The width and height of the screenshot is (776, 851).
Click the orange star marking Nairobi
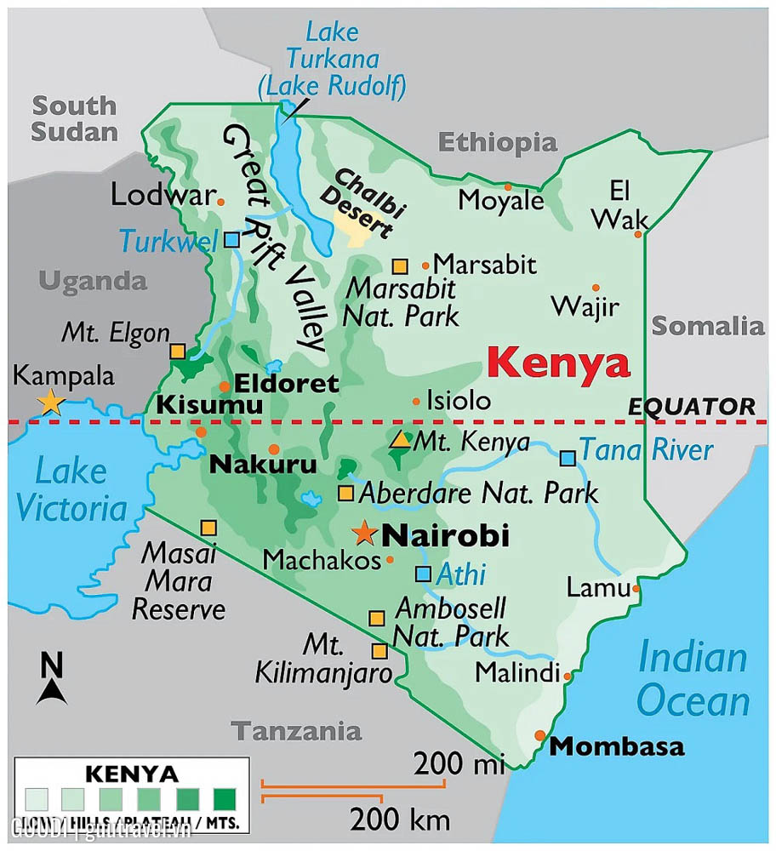[365, 534]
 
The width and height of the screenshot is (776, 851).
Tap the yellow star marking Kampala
[51, 402]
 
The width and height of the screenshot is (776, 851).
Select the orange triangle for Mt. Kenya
[399, 440]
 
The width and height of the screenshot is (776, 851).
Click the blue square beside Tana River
[568, 458]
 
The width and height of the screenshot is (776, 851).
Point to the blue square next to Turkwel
[232, 239]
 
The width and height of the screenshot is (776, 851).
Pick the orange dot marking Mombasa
[539, 735]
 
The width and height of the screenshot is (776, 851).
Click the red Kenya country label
[560, 363]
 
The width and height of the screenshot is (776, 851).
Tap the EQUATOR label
[691, 407]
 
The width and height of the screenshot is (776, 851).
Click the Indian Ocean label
[693, 681]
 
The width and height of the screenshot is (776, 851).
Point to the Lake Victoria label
[71, 490]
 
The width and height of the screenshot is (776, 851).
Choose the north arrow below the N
[52, 691]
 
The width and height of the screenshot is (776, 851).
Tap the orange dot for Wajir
[596, 288]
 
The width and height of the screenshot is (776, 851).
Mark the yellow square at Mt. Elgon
[177, 351]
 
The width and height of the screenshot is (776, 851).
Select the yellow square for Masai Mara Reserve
[208, 528]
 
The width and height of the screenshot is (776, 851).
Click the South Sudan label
[74, 119]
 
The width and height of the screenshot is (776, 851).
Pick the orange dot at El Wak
[637, 233]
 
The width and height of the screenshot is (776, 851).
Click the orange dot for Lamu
[636, 587]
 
